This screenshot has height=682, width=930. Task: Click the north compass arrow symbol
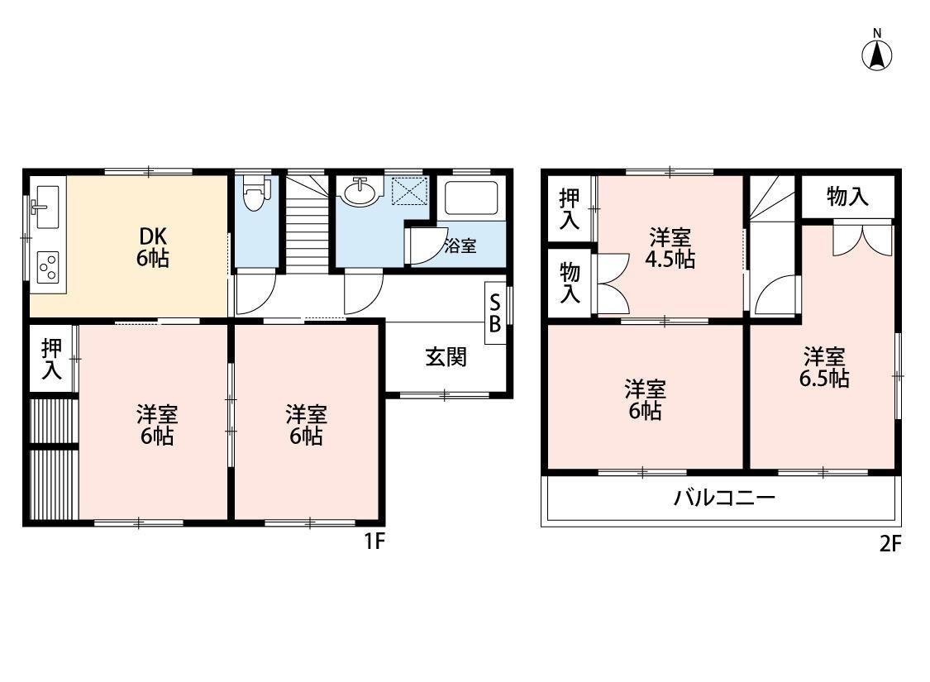point(877,54)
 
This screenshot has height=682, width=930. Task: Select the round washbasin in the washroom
point(360,192)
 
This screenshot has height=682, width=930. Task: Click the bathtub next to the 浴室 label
point(470,198)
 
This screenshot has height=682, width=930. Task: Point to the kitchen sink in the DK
point(45,205)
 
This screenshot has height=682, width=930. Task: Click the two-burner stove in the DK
point(47,266)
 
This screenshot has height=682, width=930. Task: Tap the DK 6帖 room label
point(152,246)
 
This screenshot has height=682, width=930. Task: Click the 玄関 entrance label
point(446,357)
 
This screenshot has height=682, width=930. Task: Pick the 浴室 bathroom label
point(460,246)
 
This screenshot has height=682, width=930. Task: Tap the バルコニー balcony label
point(723,498)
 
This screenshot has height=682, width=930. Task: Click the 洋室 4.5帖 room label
point(670,248)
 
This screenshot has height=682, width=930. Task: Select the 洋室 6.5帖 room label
point(824,368)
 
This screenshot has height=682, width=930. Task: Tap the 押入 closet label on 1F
point(51,359)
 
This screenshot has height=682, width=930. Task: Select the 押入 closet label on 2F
point(570,208)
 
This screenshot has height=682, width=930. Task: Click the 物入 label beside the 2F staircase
point(847,197)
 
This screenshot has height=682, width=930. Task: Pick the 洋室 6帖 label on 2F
point(645,399)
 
